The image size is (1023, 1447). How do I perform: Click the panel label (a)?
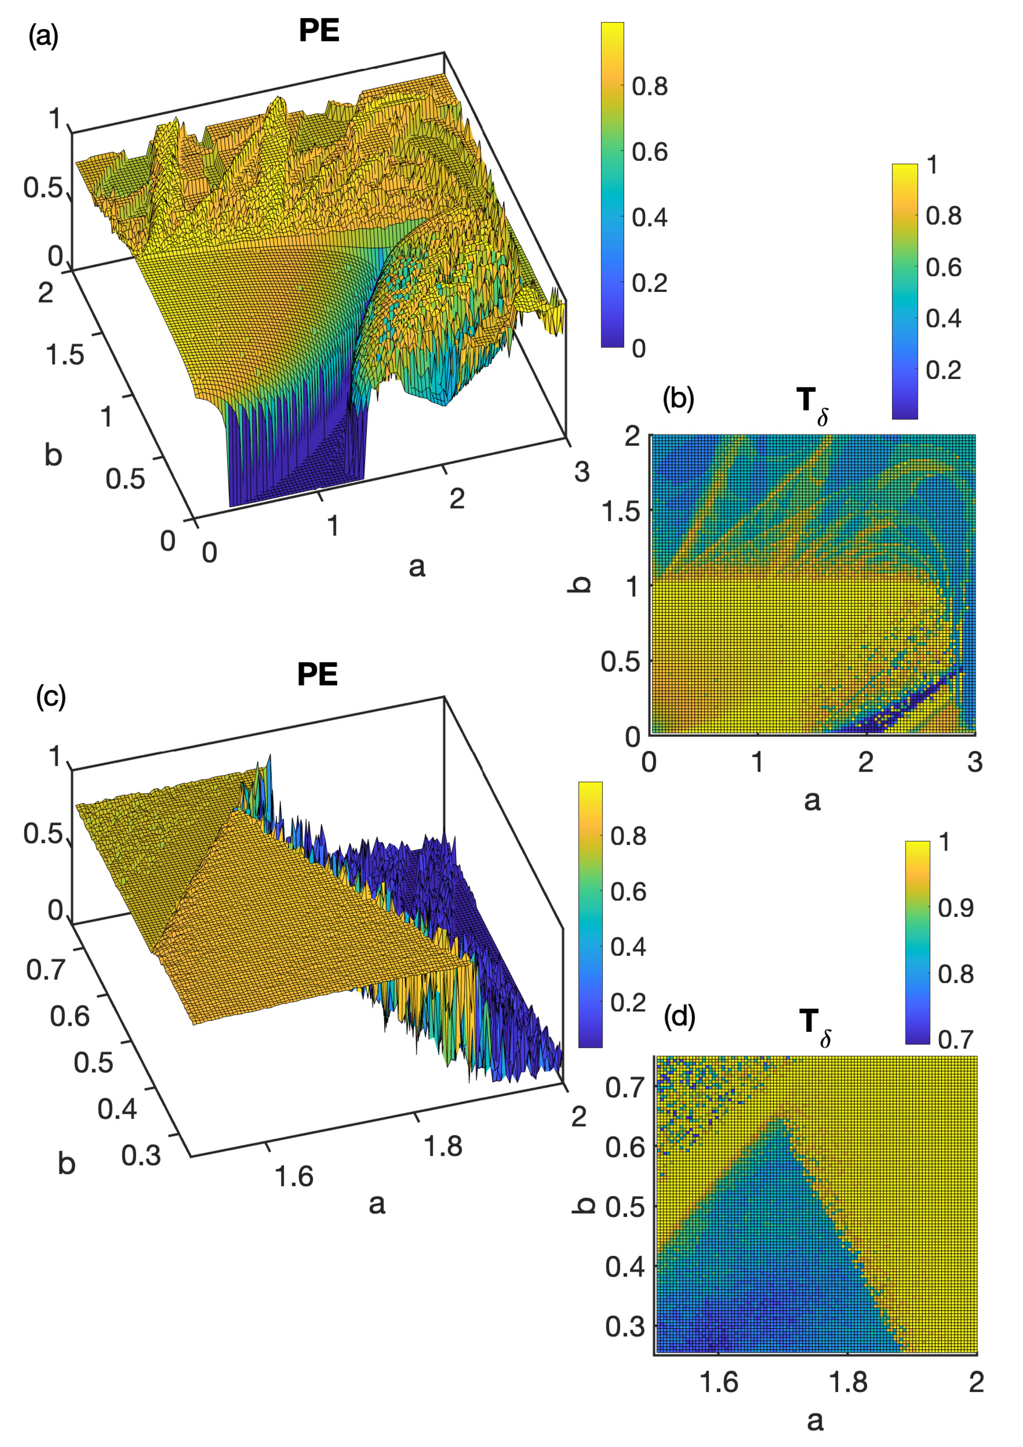(43, 36)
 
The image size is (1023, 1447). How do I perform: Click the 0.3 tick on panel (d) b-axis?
(625, 1324)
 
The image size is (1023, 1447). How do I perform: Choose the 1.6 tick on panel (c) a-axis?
(294, 1176)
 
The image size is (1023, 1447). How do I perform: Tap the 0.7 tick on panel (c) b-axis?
(45, 970)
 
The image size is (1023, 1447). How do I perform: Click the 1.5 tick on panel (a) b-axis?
(65, 355)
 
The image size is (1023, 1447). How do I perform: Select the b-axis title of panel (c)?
(66, 1163)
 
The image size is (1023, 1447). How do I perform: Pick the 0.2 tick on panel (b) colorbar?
(943, 370)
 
